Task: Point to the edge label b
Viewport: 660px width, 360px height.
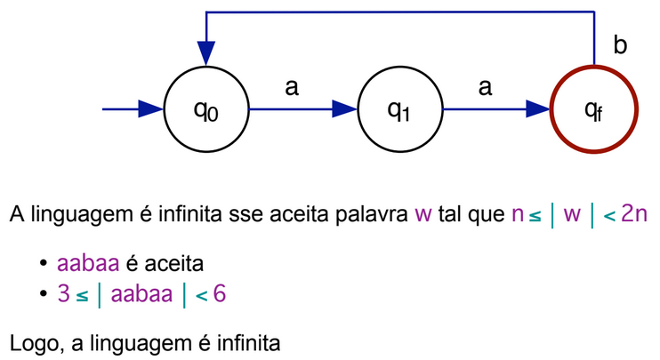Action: pos(621,45)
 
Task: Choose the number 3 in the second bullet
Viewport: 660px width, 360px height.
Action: pos(62,294)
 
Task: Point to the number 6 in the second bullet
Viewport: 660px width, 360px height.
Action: pos(219,294)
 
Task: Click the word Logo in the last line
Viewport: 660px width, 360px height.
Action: pos(31,342)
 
